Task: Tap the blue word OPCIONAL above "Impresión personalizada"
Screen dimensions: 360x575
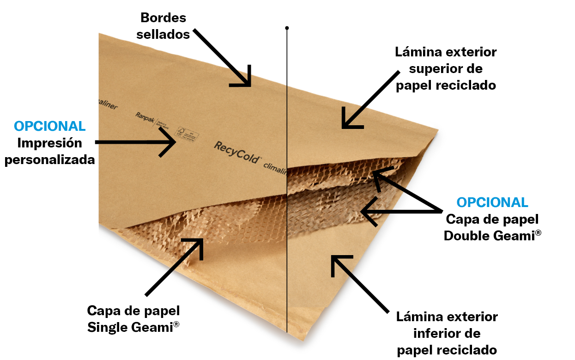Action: (50, 126)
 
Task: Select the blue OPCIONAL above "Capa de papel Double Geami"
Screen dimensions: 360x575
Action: (492, 202)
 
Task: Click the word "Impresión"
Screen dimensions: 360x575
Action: (50, 143)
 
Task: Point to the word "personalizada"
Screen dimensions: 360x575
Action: (50, 160)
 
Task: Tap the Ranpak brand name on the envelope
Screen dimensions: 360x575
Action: (145, 116)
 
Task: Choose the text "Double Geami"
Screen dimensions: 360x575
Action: (489, 236)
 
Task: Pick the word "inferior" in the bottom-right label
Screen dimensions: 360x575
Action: (447, 333)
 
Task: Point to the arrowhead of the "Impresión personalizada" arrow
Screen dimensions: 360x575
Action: (175, 142)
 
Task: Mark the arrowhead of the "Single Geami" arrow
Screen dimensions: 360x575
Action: (200, 241)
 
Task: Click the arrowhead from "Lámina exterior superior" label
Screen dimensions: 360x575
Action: (344, 126)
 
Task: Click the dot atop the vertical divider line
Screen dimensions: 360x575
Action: (287, 28)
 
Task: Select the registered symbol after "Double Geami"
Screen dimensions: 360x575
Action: (538, 233)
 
